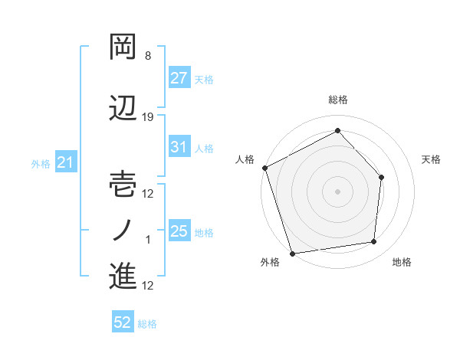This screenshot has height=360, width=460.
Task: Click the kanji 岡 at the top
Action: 123,47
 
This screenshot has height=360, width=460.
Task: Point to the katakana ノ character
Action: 123,230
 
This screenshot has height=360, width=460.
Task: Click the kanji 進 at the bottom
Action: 123,276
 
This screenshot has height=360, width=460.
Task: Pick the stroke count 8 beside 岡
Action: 148,56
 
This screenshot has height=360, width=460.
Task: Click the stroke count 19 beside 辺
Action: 148,116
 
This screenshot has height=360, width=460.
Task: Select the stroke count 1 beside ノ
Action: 148,240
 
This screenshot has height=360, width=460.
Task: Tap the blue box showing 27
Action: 179,78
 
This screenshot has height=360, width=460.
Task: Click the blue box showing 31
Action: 179,147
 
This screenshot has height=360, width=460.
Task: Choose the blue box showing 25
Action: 179,231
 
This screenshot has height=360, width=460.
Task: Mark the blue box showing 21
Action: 65,162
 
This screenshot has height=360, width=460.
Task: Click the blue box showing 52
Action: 123,323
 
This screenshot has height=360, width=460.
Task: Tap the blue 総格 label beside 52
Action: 147,324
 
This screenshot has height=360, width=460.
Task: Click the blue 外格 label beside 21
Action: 41,163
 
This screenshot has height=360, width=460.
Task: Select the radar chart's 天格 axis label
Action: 432,159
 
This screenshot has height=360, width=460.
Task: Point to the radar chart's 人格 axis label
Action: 245,159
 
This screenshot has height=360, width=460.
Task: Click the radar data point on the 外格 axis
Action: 291,253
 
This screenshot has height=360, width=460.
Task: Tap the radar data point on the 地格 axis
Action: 374,242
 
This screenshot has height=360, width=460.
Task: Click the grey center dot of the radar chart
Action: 337,190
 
